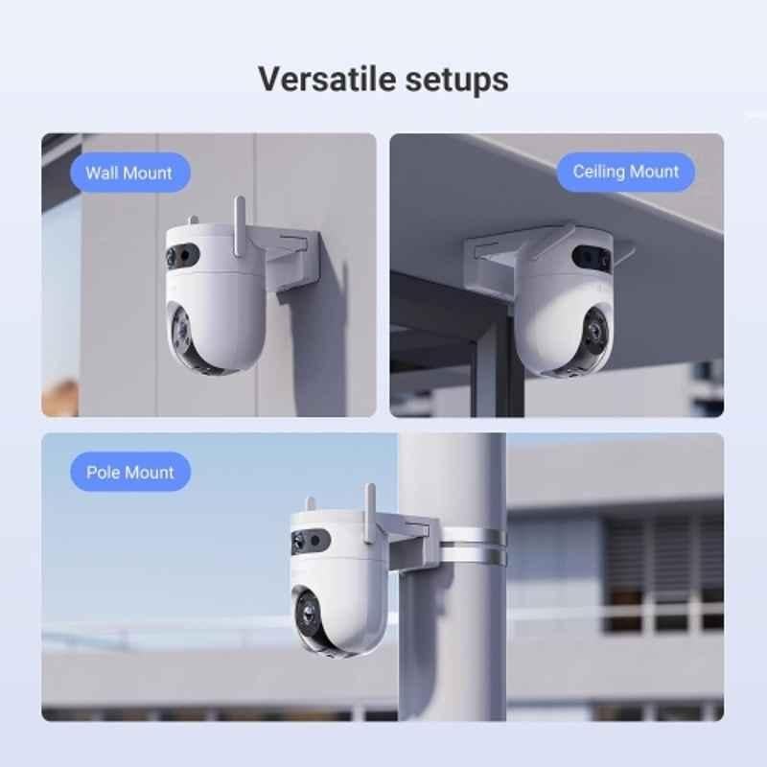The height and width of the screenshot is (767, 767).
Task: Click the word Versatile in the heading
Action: coord(327,80)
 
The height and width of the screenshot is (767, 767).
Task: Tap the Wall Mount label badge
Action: coord(130,173)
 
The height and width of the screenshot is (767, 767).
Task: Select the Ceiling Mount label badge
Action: coord(626,172)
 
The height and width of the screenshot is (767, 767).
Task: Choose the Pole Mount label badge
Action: coord(130,472)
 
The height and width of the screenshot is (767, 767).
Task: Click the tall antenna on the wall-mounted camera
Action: coord(239,226)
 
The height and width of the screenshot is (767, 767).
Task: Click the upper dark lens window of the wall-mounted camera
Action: coord(182,255)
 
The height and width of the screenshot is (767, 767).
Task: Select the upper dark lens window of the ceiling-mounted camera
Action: coord(592,256)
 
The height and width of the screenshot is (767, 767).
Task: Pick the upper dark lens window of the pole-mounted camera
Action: coord(310,541)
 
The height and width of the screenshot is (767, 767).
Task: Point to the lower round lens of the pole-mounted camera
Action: coord(307,614)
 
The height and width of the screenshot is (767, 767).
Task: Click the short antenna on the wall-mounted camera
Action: coord(194,221)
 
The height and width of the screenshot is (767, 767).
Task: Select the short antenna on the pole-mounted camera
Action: coord(310,504)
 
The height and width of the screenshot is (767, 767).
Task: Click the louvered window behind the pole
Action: coord(663,573)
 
